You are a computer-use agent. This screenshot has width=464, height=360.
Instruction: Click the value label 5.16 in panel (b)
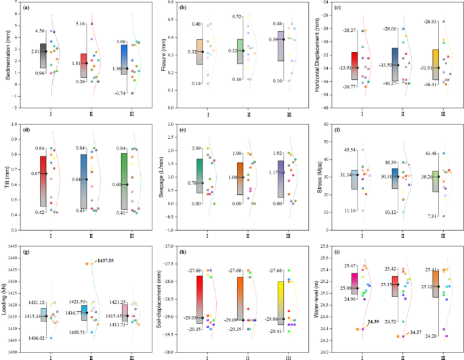pos(79,24)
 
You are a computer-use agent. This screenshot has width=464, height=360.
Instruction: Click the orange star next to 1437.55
pos(87,263)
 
